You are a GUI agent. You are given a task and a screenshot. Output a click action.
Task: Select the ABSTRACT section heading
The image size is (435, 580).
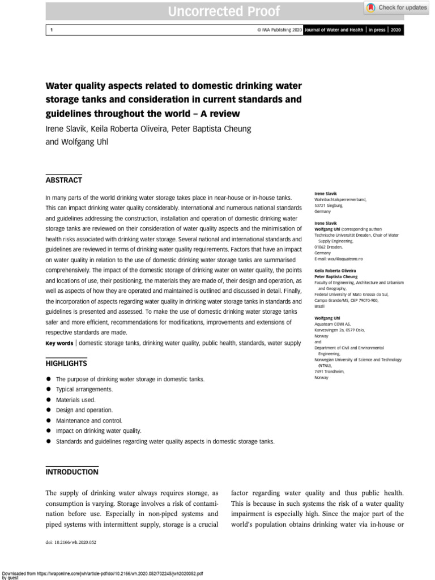(63, 180)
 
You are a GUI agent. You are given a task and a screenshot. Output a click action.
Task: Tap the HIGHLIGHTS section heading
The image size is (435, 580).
(66, 363)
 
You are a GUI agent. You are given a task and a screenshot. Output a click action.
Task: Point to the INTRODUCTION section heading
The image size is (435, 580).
(71, 472)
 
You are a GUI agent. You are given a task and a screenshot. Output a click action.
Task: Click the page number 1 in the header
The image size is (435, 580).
(52, 30)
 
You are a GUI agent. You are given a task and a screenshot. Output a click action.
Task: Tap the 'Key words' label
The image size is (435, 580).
(59, 343)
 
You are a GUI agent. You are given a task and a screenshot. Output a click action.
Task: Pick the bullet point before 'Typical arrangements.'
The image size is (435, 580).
(49, 390)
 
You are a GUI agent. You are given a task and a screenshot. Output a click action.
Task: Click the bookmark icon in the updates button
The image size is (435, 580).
(370, 7)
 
